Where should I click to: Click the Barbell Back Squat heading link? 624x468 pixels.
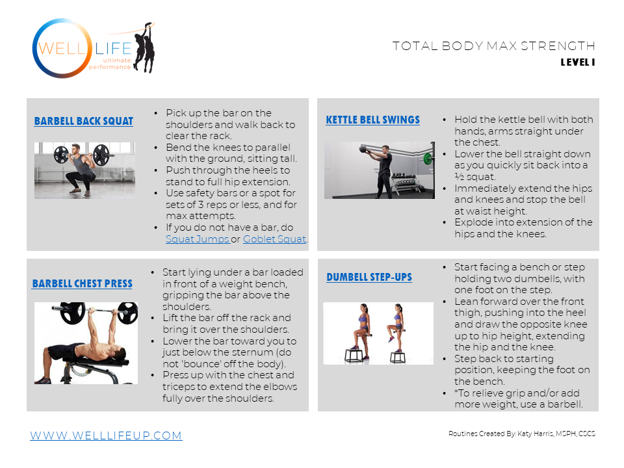coord(84,121)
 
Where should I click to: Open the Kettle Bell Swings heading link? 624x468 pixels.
coord(373,120)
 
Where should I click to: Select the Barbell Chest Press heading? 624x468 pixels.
coord(83,283)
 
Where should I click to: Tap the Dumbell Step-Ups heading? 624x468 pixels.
coord(369,277)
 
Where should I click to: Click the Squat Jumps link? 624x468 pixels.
coord(198,239)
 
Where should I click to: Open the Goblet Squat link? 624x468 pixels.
coord(274,239)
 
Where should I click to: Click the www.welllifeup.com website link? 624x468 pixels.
coord(106,435)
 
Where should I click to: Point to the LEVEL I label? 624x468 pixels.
coord(578,62)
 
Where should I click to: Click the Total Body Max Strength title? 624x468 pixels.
coord(494,46)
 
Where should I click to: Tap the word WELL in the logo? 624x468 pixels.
coord(62,49)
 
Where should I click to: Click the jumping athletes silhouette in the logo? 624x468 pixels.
coord(145,47)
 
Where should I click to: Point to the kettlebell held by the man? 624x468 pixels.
coord(363,149)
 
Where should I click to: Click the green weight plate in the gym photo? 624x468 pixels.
coord(428,159)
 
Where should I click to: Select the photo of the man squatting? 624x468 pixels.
coord(84,170)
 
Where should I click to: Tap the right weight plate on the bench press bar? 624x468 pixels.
coord(128,313)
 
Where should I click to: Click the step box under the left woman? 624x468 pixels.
coord(354,355)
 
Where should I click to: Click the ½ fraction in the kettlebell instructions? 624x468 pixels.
coord(460,177)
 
